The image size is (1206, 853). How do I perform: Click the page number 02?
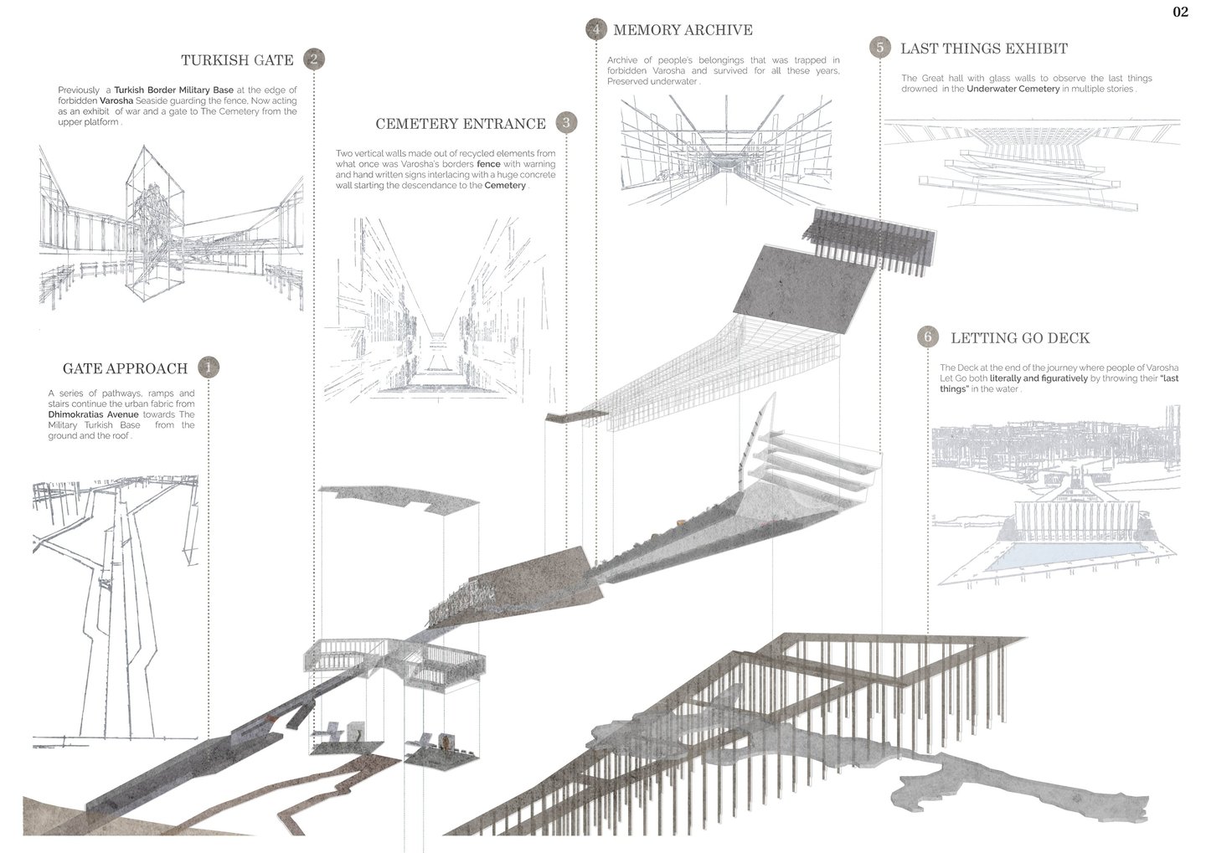tap(1180, 12)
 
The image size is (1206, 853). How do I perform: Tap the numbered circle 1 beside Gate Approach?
tap(208, 367)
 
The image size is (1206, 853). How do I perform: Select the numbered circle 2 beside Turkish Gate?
tap(313, 59)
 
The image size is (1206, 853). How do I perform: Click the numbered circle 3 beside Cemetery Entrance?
tap(566, 123)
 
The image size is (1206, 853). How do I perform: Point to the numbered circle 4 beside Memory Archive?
tap(595, 30)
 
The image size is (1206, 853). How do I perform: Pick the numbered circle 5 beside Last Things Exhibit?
tap(879, 48)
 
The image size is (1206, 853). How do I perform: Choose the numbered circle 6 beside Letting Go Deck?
tap(927, 337)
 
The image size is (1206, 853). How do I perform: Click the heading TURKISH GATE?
tap(237, 60)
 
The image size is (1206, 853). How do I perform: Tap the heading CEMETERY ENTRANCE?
tap(460, 124)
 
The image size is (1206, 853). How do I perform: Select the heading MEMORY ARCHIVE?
tap(683, 30)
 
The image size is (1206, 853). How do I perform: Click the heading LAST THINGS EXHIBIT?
tap(983, 49)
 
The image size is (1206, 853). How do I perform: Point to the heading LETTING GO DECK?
tap(1019, 338)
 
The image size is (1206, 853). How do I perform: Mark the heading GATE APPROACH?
tap(125, 368)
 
